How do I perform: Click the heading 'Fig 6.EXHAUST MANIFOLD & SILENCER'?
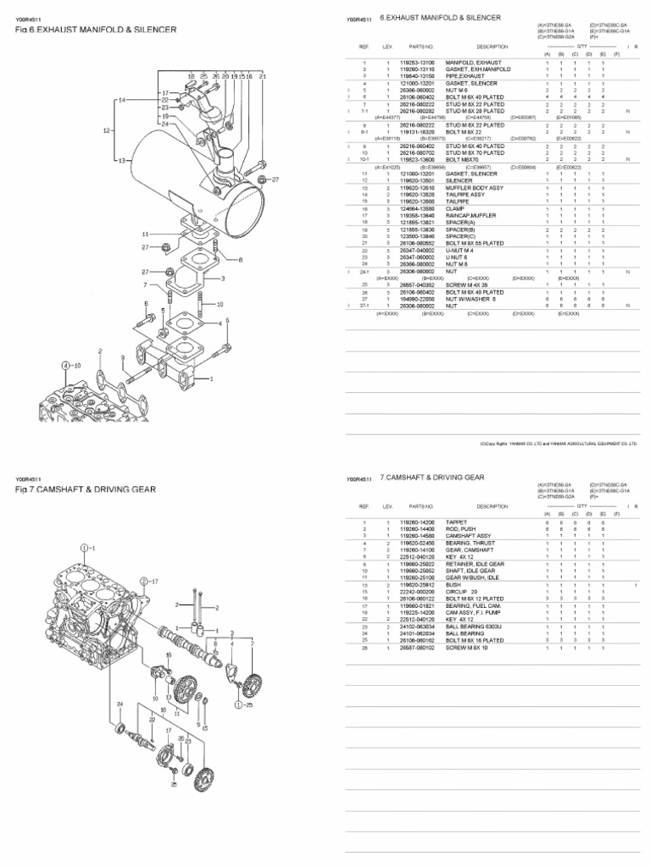(x=96, y=30)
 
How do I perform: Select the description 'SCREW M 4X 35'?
(x=465, y=285)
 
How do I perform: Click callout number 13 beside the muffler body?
(x=122, y=160)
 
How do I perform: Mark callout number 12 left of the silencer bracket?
(x=107, y=130)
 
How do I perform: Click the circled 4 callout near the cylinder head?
(x=64, y=365)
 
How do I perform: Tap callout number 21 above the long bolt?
(x=264, y=76)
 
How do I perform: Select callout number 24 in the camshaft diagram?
(x=120, y=704)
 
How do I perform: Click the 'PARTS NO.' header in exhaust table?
(x=421, y=47)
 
